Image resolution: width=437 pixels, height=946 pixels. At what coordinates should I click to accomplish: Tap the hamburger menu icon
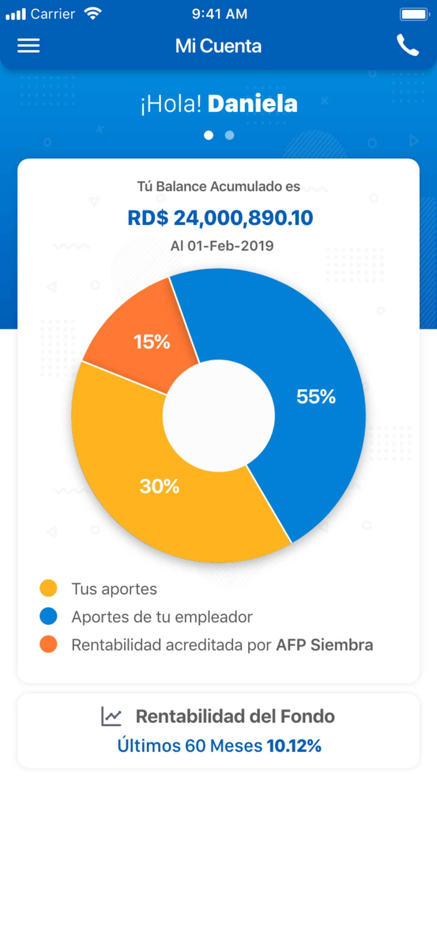coord(28,45)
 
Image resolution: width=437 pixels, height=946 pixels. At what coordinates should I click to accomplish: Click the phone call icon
coord(408,45)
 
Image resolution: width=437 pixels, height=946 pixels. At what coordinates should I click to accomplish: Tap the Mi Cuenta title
coord(218,46)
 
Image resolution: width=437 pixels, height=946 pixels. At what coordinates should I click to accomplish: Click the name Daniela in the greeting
coord(252,103)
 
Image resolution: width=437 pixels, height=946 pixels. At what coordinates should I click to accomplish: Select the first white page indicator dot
coord(209,135)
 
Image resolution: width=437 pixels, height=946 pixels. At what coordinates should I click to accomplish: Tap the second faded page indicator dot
coord(229,135)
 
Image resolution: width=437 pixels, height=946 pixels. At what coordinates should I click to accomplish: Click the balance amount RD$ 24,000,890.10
coord(220,217)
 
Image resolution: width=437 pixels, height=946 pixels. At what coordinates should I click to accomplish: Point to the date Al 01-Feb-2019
coord(222,246)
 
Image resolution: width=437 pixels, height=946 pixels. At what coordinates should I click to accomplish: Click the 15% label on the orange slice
coord(152,341)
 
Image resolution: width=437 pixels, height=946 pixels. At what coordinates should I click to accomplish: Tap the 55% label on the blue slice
coord(316,397)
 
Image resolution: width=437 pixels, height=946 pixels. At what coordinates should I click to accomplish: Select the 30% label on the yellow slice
coord(159,486)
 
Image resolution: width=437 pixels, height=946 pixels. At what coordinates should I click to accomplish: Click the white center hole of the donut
coord(218,416)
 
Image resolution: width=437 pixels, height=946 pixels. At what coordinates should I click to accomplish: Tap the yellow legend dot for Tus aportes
coord(49,588)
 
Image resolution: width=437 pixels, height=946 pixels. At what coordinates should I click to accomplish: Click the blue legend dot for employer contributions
coord(49,616)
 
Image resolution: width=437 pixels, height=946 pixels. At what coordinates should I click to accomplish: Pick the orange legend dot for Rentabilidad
coord(49,644)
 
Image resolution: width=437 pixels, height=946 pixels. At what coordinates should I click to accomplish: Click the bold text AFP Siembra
coord(324,645)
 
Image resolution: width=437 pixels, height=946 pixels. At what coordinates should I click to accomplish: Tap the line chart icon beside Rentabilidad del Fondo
coord(111,716)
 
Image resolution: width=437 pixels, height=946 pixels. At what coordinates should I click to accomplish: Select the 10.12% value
coord(294,746)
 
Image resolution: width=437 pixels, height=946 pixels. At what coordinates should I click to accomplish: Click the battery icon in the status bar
coord(414,14)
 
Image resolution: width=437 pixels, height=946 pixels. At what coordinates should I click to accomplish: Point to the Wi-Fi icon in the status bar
coord(93,14)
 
